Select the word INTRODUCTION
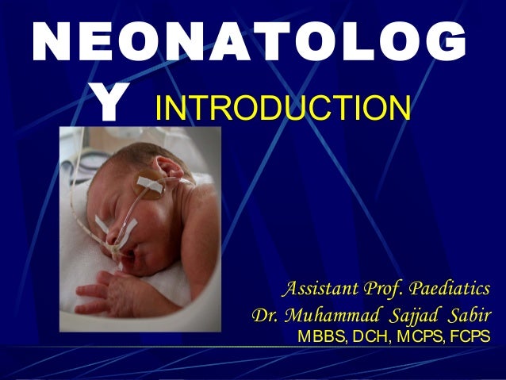[x=283, y=109]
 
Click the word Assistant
[x=324, y=286]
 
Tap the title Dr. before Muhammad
[x=266, y=315]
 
